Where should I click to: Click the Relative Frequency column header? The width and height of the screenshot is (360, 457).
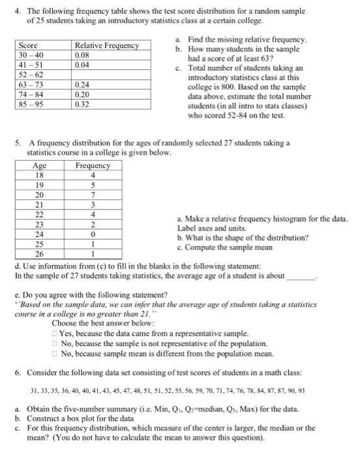pos(108,46)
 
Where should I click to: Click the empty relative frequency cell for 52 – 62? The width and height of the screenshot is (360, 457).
pos(108,74)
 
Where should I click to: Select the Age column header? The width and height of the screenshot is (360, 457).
pos(40,166)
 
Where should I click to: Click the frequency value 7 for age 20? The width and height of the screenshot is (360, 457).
pos(93,195)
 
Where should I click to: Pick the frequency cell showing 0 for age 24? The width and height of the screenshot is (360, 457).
pos(93,233)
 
